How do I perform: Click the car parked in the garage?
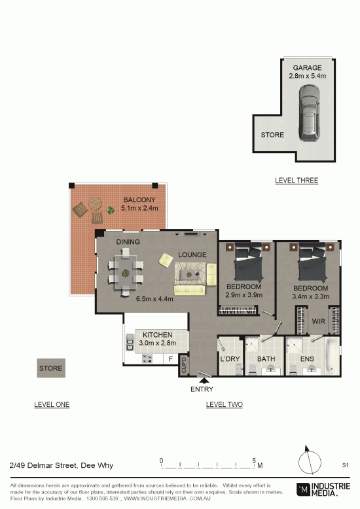pyautogui.click(x=309, y=113)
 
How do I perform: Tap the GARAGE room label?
pyautogui.click(x=307, y=68)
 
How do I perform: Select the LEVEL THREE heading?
pyautogui.click(x=297, y=181)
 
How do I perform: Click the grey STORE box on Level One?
pyautogui.click(x=51, y=368)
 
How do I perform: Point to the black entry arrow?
pyautogui.click(x=204, y=381)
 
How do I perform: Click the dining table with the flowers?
pyautogui.click(x=126, y=272)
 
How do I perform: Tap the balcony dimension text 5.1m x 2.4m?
pyautogui.click(x=139, y=208)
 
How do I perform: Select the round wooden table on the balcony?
pyautogui.click(x=95, y=204)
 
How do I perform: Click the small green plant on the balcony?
pyautogui.click(x=111, y=210)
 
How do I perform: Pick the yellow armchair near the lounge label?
pyautogui.click(x=166, y=260)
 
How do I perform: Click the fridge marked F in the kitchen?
pyautogui.click(x=171, y=359)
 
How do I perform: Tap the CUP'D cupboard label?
pyautogui.click(x=184, y=365)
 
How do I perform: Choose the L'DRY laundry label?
pyautogui.click(x=230, y=359)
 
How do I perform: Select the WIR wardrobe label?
pyautogui.click(x=318, y=321)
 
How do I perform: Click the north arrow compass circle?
pyautogui.click(x=310, y=463)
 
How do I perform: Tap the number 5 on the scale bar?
pyautogui.click(x=254, y=461)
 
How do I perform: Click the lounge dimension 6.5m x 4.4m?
pyautogui.click(x=154, y=299)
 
